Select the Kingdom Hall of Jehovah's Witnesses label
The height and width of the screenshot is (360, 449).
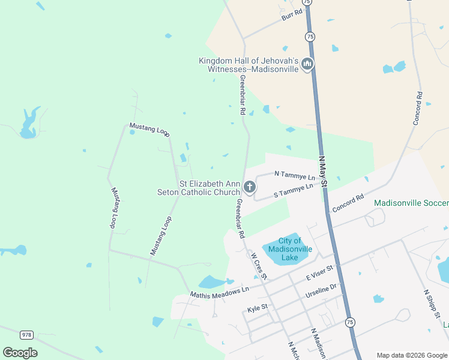point(249,65)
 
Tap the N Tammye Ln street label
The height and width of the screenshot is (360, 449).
point(294,175)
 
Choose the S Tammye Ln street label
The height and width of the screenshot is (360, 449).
point(294,190)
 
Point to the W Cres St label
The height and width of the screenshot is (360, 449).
point(259,265)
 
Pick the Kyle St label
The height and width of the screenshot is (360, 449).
point(258,308)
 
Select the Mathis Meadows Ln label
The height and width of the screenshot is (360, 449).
point(219,292)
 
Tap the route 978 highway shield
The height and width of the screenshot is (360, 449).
point(26,334)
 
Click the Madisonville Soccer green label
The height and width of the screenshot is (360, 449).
point(411,203)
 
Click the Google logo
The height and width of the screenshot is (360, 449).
point(20,352)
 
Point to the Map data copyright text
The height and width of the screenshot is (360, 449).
point(411,355)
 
